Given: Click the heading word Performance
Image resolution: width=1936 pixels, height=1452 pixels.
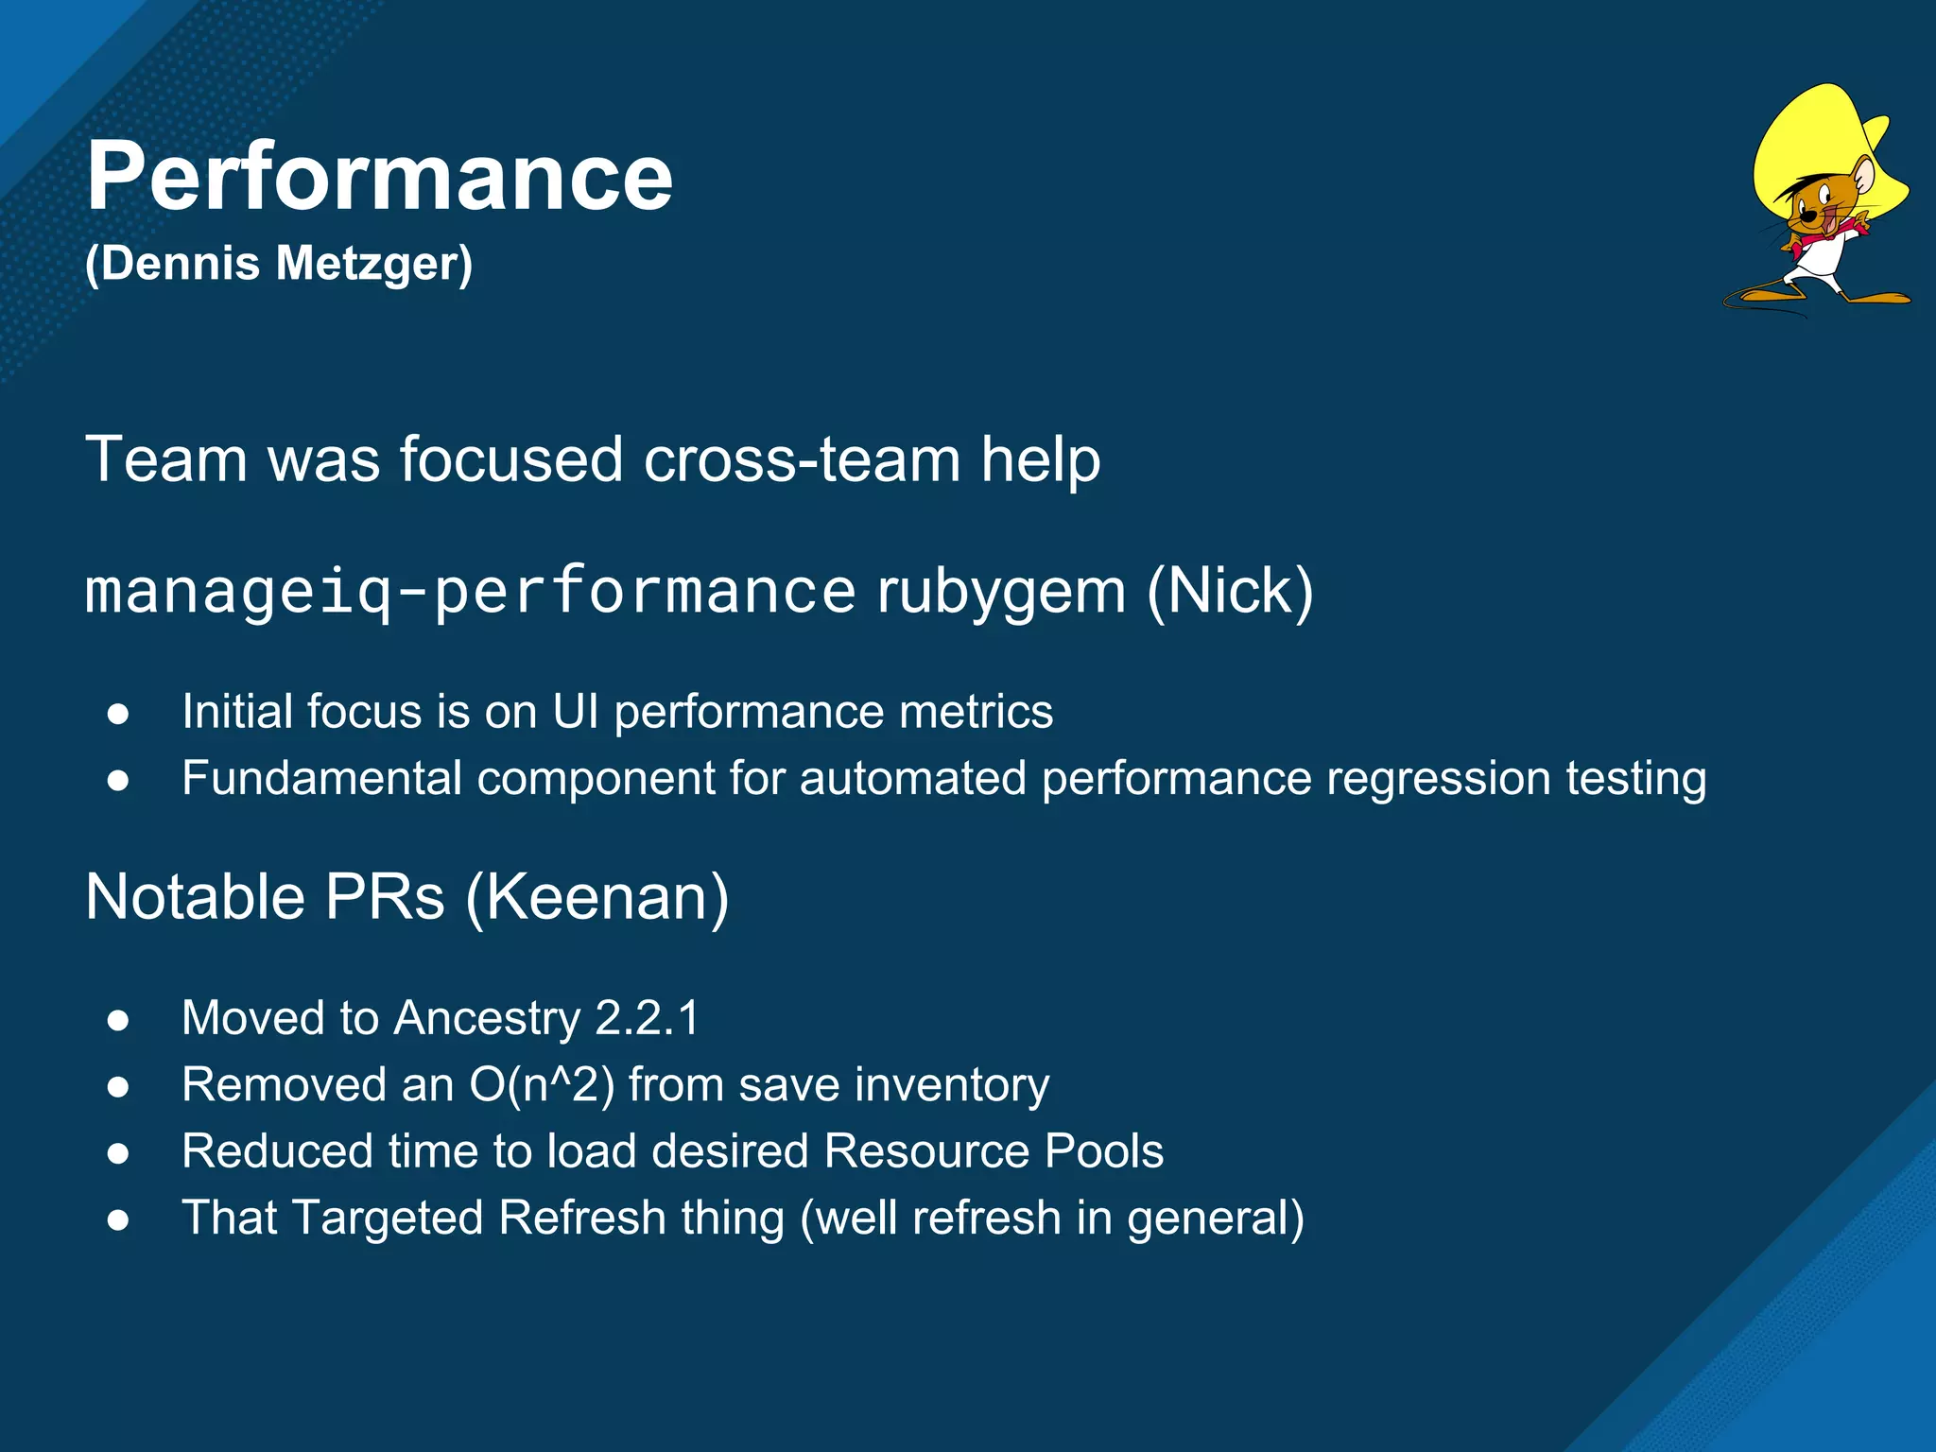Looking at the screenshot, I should pyautogui.click(x=378, y=177).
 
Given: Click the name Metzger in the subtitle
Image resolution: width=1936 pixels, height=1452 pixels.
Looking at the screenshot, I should pyautogui.click(x=373, y=264).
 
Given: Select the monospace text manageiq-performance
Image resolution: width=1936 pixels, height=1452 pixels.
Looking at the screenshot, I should pyautogui.click(x=470, y=591).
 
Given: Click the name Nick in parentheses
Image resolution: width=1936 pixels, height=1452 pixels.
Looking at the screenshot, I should pyautogui.click(x=1230, y=592).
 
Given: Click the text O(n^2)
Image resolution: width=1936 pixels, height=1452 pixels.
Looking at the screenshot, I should pyautogui.click(x=542, y=1084).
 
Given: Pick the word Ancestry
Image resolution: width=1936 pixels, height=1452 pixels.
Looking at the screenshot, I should pyautogui.click(x=487, y=1019).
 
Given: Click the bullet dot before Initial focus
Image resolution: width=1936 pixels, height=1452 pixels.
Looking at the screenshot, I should pyautogui.click(x=118, y=714).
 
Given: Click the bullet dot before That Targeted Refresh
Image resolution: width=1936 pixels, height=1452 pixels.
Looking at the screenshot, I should pyautogui.click(x=118, y=1219).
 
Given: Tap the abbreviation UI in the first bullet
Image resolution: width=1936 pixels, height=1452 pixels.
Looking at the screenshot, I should pyautogui.click(x=575, y=712).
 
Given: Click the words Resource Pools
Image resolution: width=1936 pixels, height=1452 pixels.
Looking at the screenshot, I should pyautogui.click(x=993, y=1151).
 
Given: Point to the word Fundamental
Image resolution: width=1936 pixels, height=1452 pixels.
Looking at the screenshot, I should pyautogui.click(x=322, y=779).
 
